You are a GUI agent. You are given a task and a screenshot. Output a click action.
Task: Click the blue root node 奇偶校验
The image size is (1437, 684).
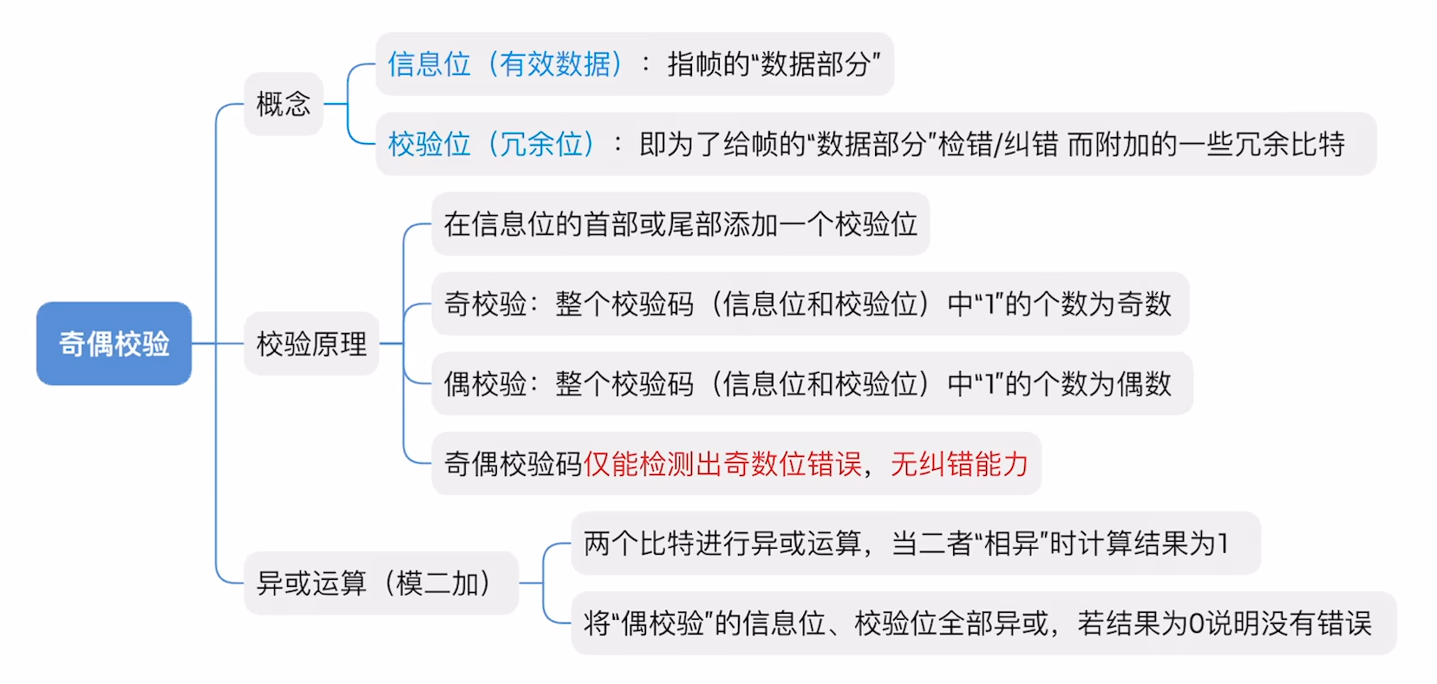(x=114, y=343)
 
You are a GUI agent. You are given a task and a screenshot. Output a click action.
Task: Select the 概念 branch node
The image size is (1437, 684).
(x=284, y=104)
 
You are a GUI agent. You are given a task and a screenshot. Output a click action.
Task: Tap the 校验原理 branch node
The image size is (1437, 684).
(x=311, y=344)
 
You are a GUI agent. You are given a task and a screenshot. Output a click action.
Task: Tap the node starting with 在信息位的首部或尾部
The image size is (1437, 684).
(x=680, y=225)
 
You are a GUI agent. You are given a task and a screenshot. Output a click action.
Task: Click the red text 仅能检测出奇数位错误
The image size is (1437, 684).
(x=722, y=464)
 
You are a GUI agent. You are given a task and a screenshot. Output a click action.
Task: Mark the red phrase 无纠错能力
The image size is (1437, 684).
(x=959, y=464)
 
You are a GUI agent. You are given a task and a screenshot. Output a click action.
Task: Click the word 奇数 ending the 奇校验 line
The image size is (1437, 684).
(x=1144, y=304)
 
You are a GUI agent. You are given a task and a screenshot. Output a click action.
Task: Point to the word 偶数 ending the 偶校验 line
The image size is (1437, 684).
(x=1144, y=384)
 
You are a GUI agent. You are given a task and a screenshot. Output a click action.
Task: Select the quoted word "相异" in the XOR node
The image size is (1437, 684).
(x=1011, y=544)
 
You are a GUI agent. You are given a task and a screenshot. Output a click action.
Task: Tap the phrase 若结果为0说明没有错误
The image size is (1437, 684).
(x=1225, y=623)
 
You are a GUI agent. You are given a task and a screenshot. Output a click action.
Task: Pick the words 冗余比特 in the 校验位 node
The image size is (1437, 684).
(x=1290, y=144)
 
